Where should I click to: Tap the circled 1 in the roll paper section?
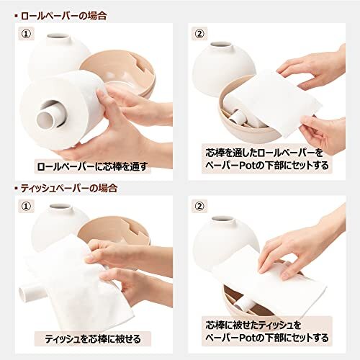pos(27,34)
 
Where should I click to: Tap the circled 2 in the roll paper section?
pos(199,34)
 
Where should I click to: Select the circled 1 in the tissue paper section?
pos(27,206)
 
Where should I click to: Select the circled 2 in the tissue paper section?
pos(199,206)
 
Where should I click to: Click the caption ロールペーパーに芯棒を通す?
pos(92,166)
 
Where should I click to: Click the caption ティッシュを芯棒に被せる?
pos(93,339)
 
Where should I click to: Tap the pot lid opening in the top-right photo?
pos(221,45)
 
